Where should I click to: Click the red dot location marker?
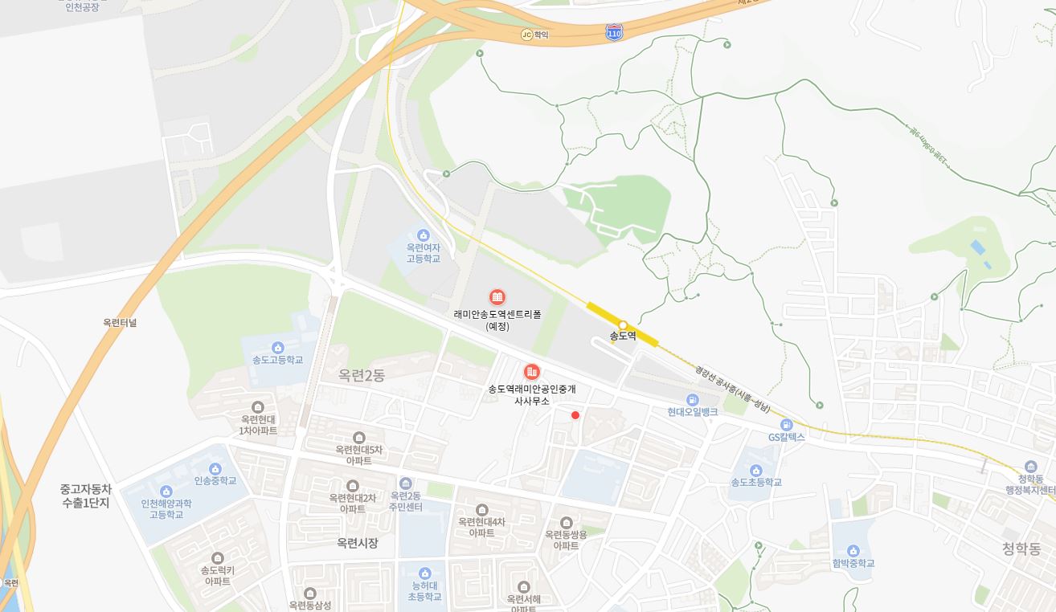pyautogui.click(x=575, y=415)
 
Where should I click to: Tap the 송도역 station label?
pyautogui.click(x=623, y=337)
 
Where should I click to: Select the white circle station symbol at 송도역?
pyautogui.click(x=623, y=325)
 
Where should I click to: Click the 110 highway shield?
pyautogui.click(x=614, y=32)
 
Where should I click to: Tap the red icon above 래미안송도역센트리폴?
pyautogui.click(x=497, y=297)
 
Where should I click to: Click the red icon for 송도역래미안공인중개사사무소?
pyautogui.click(x=531, y=372)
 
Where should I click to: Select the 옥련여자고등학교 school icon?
pyautogui.click(x=423, y=235)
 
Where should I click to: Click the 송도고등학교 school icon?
pyautogui.click(x=277, y=347)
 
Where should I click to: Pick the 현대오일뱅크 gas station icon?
pyautogui.click(x=693, y=399)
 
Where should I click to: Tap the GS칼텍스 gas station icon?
pyautogui.click(x=786, y=424)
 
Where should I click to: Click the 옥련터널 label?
pyautogui.click(x=120, y=323)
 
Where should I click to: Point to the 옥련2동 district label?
pyautogui.click(x=362, y=375)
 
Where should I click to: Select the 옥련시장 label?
pyautogui.click(x=358, y=544)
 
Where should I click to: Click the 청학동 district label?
pyautogui.click(x=1021, y=549)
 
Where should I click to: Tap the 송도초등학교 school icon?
pyautogui.click(x=755, y=470)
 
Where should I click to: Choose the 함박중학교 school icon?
pyautogui.click(x=853, y=551)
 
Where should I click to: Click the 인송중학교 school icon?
pyautogui.click(x=215, y=468)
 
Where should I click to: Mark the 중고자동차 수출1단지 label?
pyautogui.click(x=85, y=496)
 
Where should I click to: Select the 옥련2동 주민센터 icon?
pyautogui.click(x=406, y=483)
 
